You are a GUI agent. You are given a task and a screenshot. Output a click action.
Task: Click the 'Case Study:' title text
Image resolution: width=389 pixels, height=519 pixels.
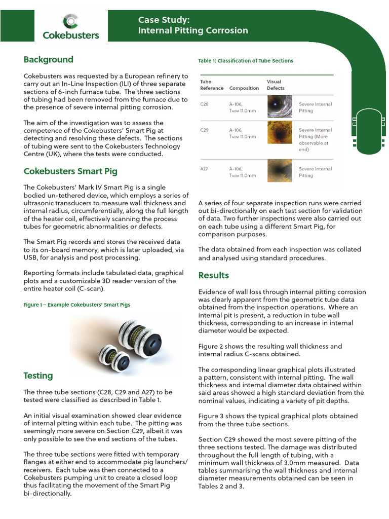click(x=164, y=20)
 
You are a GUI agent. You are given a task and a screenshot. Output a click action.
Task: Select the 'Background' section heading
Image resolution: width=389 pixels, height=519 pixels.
click(x=48, y=60)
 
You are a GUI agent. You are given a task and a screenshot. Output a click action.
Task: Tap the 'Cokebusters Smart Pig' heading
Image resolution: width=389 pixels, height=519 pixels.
click(x=70, y=171)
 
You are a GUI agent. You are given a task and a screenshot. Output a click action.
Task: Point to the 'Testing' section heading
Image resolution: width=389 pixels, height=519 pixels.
click(x=38, y=376)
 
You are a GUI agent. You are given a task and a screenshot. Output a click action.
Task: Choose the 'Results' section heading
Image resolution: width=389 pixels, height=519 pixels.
click(x=213, y=275)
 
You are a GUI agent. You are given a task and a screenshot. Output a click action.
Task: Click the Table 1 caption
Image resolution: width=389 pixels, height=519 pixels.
click(x=246, y=61)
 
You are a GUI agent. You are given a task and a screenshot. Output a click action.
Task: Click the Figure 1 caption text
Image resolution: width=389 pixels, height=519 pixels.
click(x=76, y=305)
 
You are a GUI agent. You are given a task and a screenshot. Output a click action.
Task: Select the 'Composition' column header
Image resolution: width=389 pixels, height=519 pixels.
click(x=244, y=88)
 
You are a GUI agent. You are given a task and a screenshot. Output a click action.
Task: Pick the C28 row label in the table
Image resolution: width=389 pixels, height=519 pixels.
click(x=205, y=104)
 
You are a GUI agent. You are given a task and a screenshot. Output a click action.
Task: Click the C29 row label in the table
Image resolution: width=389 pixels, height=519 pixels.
click(x=205, y=130)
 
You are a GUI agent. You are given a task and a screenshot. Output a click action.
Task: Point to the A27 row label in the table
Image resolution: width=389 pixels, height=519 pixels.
click(x=205, y=169)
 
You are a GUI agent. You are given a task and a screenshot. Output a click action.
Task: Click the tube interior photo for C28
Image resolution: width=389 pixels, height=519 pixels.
click(x=280, y=106)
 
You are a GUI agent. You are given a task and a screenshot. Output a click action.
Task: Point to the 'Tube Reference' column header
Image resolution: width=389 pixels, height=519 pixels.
click(x=212, y=85)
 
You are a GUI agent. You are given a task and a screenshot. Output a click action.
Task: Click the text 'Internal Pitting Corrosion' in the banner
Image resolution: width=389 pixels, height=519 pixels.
click(x=193, y=30)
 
